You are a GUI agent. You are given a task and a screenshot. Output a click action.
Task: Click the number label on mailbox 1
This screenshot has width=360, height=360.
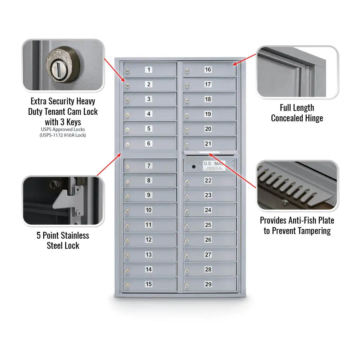pyautogui.click(x=149, y=69)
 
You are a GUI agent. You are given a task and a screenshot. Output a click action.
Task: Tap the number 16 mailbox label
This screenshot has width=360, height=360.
pyautogui.click(x=208, y=69)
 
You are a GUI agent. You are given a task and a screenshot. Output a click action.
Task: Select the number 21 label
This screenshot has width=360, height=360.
pyautogui.click(x=208, y=144)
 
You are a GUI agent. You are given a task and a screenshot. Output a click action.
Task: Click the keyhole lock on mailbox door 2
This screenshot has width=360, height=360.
pyautogui.click(x=127, y=85)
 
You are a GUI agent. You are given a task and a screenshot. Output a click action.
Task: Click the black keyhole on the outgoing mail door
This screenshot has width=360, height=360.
pyautogui.click(x=194, y=167)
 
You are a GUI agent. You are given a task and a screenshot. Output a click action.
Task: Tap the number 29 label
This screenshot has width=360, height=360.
pyautogui.click(x=208, y=284)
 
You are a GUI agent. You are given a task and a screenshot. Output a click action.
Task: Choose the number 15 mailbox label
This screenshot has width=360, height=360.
pyautogui.click(x=149, y=284)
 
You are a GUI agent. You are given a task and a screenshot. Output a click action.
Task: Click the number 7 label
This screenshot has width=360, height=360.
pyautogui.click(x=149, y=166)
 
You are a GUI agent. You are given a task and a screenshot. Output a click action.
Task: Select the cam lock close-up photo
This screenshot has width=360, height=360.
pyautogui.click(x=63, y=65)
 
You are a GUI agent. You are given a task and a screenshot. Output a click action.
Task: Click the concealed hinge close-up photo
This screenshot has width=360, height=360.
pyautogui.click(x=297, y=72)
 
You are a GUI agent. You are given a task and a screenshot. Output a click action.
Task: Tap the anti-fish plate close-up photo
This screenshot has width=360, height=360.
pyautogui.click(x=297, y=186)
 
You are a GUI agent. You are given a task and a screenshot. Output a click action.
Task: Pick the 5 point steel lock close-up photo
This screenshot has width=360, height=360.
pyautogui.click(x=63, y=201)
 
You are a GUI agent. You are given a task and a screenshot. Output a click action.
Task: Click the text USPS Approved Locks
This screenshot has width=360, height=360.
pyautogui.click(x=63, y=129)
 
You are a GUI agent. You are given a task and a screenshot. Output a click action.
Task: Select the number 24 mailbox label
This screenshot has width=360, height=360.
pyautogui.click(x=208, y=210)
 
